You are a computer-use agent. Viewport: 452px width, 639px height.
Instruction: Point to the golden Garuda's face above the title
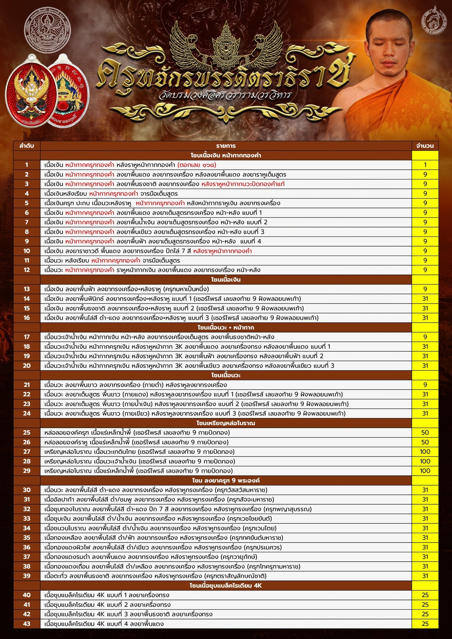pyautogui.click(x=225, y=47)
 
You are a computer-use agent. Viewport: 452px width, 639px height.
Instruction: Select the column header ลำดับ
pyautogui.click(x=27, y=146)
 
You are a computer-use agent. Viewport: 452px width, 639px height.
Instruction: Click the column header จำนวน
pyautogui.click(x=425, y=146)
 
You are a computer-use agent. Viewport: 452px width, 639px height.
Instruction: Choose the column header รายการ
pyautogui.click(x=226, y=146)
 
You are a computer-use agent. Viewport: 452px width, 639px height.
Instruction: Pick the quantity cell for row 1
pyautogui.click(x=425, y=165)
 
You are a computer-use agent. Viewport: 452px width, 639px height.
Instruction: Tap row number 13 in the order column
pyautogui.click(x=27, y=289)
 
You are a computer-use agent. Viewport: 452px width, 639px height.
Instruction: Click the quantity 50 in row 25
pyautogui.click(x=425, y=432)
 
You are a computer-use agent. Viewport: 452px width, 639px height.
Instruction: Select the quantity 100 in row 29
pyautogui.click(x=425, y=471)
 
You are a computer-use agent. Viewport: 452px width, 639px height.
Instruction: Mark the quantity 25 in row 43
pyautogui.click(x=425, y=624)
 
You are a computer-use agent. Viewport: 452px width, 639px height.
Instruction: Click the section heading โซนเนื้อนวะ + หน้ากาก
pyautogui.click(x=226, y=327)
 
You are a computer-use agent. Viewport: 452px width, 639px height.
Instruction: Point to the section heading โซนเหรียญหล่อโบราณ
pyautogui.click(x=226, y=423)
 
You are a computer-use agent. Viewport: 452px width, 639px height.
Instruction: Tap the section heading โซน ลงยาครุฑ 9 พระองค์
pyautogui.click(x=226, y=480)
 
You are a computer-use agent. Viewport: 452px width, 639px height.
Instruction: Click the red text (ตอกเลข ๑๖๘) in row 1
pyautogui.click(x=197, y=165)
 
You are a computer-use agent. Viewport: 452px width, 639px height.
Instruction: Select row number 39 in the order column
pyautogui.click(x=27, y=576)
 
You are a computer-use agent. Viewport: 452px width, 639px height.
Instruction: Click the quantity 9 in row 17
pyautogui.click(x=425, y=337)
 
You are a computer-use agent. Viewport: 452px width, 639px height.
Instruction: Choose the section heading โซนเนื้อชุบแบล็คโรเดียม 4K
pyautogui.click(x=226, y=585)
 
